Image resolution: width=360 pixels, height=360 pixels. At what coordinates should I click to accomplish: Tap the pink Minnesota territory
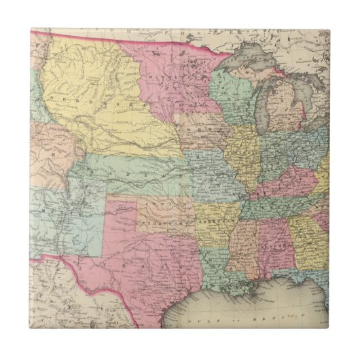pos(170,75)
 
